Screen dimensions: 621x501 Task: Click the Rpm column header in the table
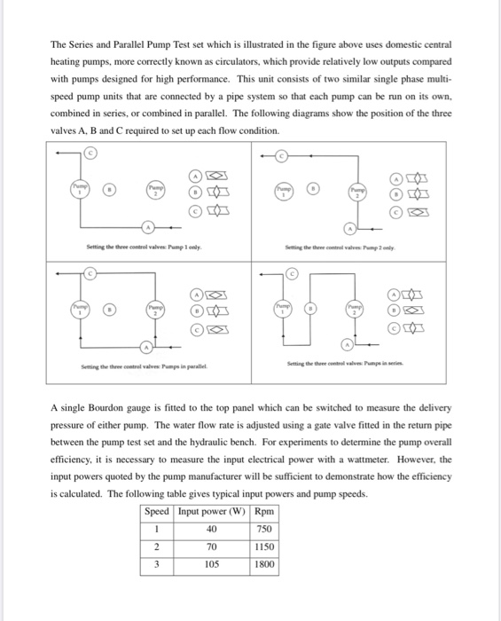pyautogui.click(x=263, y=511)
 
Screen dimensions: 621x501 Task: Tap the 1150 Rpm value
pyautogui.click(x=263, y=546)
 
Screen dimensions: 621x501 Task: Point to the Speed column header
pyautogui.click(x=157, y=511)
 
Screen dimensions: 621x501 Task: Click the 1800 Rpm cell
pyautogui.click(x=263, y=562)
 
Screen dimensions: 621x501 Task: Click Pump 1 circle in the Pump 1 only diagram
pyautogui.click(x=82, y=188)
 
